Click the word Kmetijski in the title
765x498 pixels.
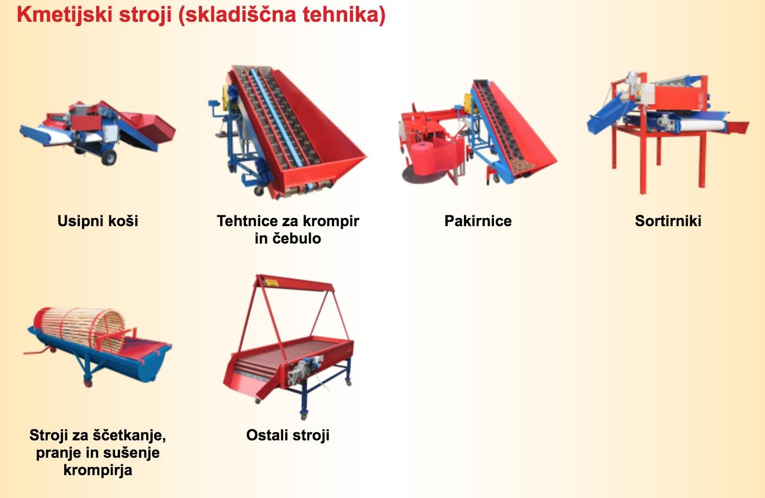[x=65, y=15]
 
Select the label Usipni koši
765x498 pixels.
[x=98, y=221]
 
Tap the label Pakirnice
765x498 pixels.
[x=478, y=221]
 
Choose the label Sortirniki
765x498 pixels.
[x=668, y=221]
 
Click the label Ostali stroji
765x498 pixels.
[x=287, y=435]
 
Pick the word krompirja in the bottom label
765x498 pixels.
[x=98, y=470]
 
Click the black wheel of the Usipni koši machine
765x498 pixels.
[x=109, y=158]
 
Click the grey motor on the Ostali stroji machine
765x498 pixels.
[x=297, y=372]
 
